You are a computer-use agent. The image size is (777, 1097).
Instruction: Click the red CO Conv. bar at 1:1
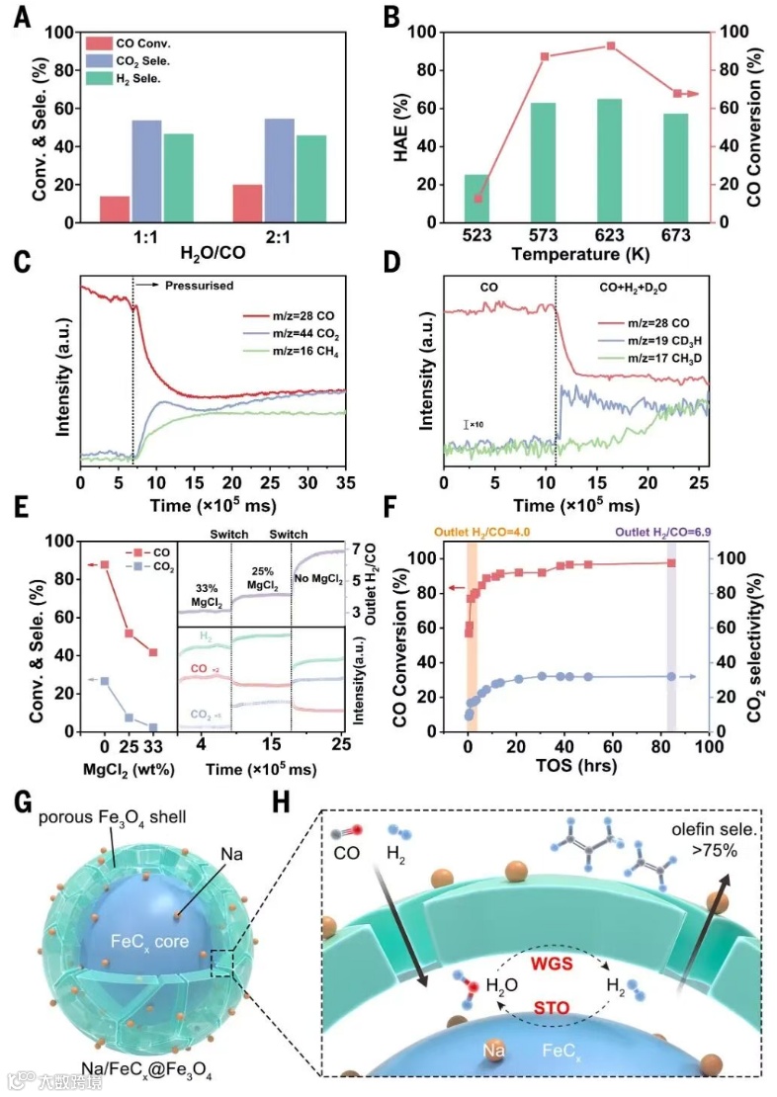pyautogui.click(x=115, y=210)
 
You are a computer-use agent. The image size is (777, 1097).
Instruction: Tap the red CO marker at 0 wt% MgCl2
pyautogui.click(x=105, y=564)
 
